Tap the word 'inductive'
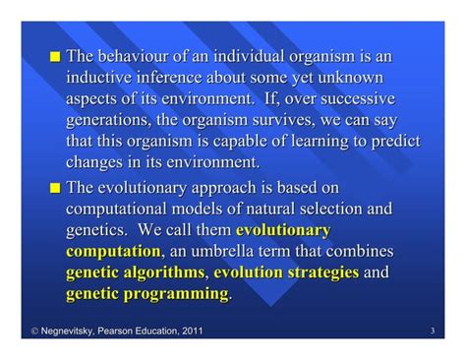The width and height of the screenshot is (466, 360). [x=101, y=77]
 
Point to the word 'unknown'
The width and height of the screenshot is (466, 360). [x=351, y=77]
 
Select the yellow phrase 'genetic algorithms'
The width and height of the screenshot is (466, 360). [x=136, y=272]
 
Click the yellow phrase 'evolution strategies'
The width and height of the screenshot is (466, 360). [x=285, y=272]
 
